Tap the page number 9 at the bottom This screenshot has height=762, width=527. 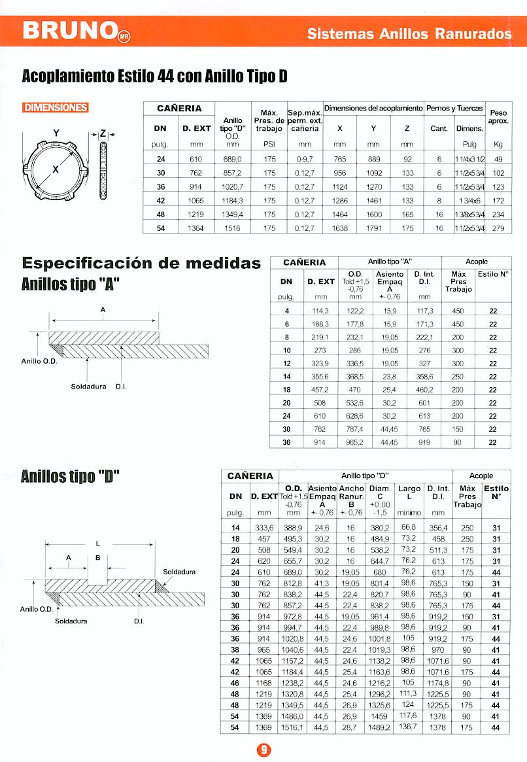263,749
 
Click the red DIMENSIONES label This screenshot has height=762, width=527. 56,108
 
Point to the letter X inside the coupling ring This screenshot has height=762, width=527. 56,169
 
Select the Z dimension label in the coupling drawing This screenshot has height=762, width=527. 103,133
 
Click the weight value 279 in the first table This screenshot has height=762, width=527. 498,228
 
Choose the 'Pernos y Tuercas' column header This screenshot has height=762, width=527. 454,108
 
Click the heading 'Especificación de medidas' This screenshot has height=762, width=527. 141,264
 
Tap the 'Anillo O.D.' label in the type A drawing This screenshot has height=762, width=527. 40,360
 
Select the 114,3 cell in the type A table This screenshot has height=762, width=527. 321,311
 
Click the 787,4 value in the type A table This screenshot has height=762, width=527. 355,429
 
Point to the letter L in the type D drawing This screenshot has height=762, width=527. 97,542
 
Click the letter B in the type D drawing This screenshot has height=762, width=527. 97,558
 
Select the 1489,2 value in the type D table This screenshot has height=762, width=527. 380,728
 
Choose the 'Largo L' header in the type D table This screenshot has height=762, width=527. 409,493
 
